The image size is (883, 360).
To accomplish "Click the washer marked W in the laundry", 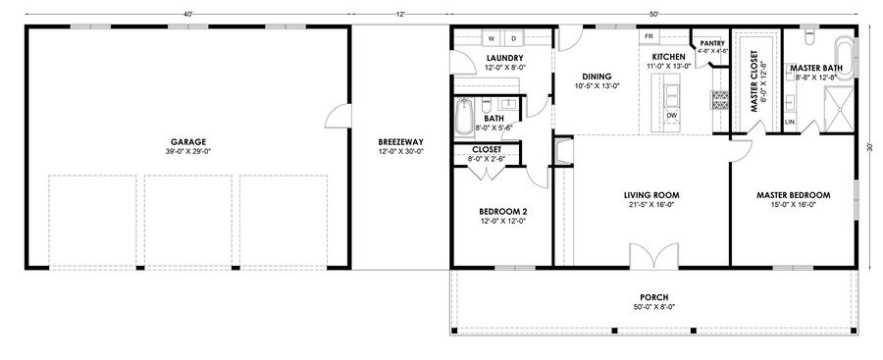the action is pos(492,38).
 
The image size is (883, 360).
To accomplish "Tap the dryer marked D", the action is pos(513,38).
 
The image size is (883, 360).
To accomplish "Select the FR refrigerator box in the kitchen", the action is pos(649,36).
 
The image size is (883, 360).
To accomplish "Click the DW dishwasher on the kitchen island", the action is pos(671,115).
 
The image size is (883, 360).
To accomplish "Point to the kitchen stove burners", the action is pos(720,99).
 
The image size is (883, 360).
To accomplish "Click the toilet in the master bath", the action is pos(809,36).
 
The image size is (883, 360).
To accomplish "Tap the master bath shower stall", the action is pos(839,109).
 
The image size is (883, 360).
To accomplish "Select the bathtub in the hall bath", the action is pos(464,117).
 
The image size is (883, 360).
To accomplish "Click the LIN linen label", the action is pos(790,121).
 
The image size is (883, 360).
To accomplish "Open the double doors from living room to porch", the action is pos(653,255).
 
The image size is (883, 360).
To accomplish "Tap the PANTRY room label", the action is pos(711,43).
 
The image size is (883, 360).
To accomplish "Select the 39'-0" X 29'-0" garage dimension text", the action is pos(188,151).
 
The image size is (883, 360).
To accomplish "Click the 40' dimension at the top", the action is pos(188,13).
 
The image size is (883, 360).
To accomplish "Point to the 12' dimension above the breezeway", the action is pos(401,13).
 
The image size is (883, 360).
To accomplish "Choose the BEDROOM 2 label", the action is pos(503,212).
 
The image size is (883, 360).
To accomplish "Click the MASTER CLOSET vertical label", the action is pos(754,81).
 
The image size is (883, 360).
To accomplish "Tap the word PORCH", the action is pos(653,297).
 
